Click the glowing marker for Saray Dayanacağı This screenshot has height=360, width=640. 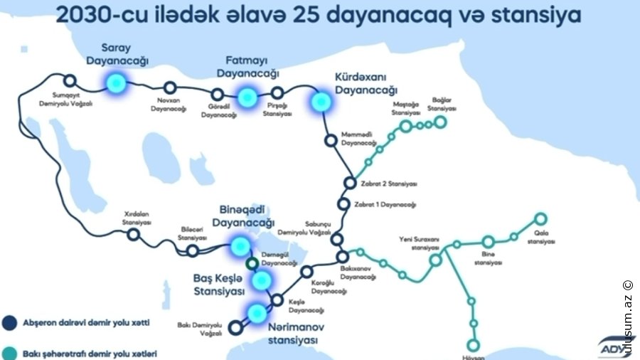[x=114, y=84]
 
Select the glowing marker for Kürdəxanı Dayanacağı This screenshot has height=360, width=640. [x=321, y=102]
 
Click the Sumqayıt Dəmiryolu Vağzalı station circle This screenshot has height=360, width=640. [x=70, y=80]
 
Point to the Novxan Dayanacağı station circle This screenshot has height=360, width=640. [x=170, y=88]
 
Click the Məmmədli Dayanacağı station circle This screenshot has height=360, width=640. [x=330, y=140]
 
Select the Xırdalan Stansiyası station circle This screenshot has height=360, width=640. [x=133, y=235]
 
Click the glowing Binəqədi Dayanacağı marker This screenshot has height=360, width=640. [x=241, y=246]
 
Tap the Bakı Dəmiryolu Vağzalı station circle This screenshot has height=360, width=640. [x=236, y=328]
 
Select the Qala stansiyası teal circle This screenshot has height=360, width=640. [x=540, y=219]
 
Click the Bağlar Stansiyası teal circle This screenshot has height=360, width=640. [x=441, y=122]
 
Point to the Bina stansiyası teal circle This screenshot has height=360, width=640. [x=489, y=242]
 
